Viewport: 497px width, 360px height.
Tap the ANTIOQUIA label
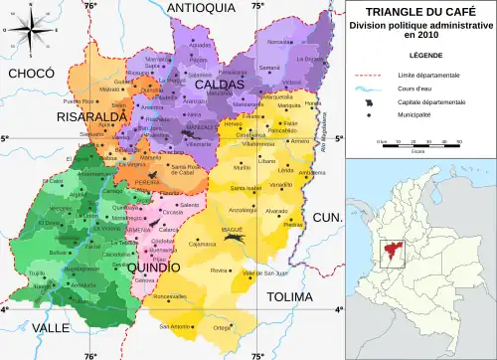201,8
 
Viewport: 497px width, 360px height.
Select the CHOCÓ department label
29,75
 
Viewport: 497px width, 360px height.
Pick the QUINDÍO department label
154,267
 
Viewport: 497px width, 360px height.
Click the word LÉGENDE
419,55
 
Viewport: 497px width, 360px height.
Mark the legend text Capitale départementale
429,101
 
